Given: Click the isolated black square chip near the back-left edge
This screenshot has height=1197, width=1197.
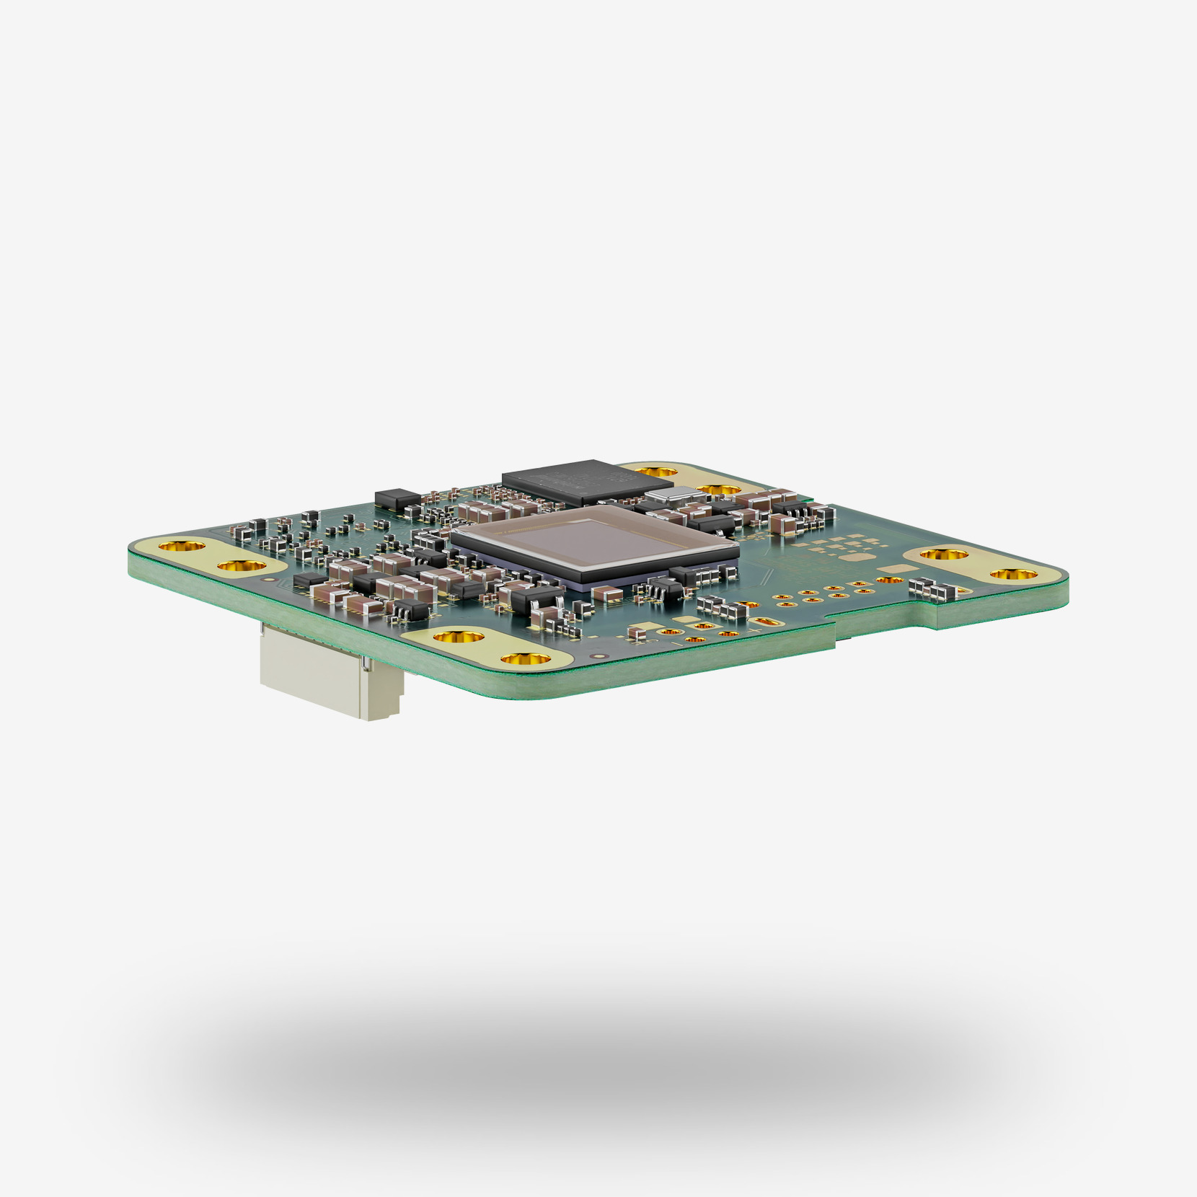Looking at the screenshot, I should pyautogui.click(x=397, y=497).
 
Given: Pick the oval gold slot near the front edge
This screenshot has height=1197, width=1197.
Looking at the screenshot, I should pyautogui.click(x=766, y=622).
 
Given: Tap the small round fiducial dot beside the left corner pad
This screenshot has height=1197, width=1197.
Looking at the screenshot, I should pyautogui.click(x=270, y=578).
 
